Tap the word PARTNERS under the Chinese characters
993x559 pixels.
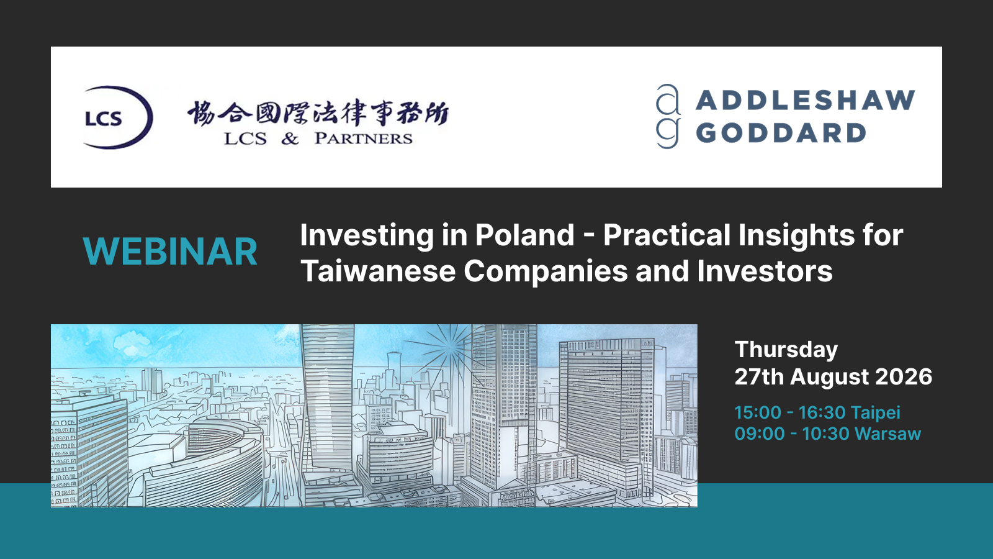tap(364, 139)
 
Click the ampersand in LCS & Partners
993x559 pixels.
tap(290, 139)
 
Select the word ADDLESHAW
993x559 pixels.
tap(806, 100)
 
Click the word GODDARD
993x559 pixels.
tap(781, 133)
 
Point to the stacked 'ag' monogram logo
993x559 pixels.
tap(668, 116)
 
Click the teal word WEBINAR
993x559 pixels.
tap(170, 252)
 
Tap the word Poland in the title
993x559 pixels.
tap(525, 235)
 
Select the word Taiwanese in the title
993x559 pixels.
tap(378, 271)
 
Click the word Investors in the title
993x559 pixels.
tap(765, 271)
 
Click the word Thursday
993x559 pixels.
tap(786, 350)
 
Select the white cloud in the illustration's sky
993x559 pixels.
tap(133, 342)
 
